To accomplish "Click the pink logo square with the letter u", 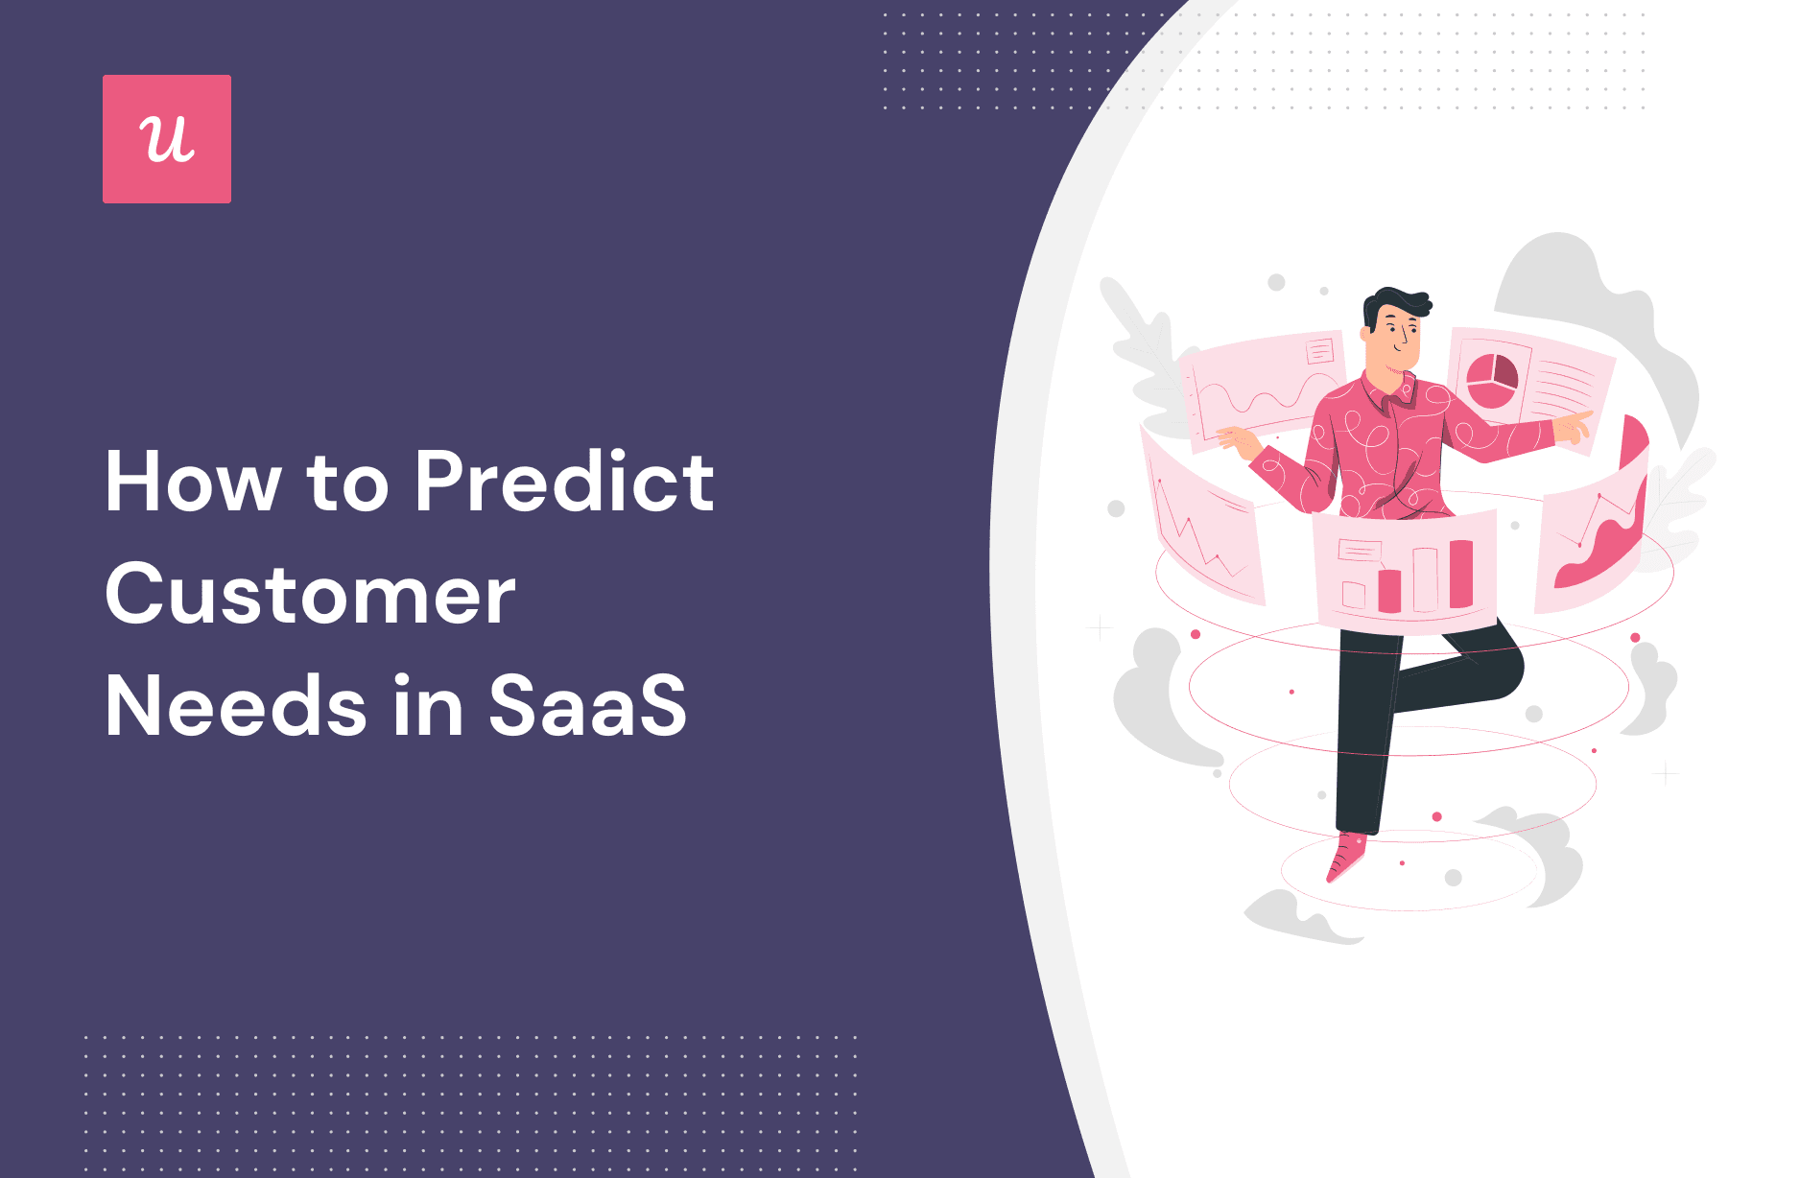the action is point(167,139).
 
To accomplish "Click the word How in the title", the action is point(193,482).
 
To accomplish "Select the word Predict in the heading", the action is point(565,482).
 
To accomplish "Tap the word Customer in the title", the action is point(311,594).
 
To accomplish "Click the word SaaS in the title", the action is point(588,706).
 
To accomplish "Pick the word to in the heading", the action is point(347,485).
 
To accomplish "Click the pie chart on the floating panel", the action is point(1492,380).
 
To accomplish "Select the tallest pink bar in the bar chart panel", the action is point(1460,574).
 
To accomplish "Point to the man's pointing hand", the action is point(1574,427).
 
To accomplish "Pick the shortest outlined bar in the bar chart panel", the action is point(1354,596).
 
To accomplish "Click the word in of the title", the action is point(429,706).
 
